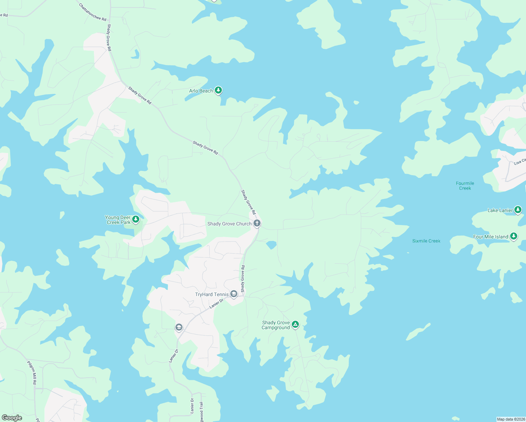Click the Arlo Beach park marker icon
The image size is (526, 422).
(x=218, y=90)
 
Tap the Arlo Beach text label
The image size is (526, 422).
(x=201, y=91)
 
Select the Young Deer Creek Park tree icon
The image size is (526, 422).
(x=136, y=219)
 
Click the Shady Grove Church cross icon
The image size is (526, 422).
(x=257, y=223)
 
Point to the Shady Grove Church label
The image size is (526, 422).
(x=229, y=224)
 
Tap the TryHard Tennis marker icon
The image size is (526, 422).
(x=234, y=294)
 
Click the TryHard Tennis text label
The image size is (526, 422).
(x=212, y=294)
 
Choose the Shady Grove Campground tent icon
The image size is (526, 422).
(x=295, y=324)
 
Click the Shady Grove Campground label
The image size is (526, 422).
(x=276, y=325)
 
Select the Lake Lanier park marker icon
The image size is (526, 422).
(x=518, y=210)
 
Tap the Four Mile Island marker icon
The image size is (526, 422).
(x=514, y=236)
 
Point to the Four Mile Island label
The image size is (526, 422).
(x=490, y=237)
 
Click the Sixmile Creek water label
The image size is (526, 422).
(x=426, y=241)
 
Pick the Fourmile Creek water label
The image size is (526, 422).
(x=465, y=186)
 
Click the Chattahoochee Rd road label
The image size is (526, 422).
(x=92, y=12)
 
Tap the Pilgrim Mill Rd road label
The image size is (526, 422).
(x=32, y=372)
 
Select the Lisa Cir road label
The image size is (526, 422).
(x=520, y=162)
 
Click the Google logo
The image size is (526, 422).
(x=12, y=417)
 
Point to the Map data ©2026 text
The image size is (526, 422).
(x=511, y=419)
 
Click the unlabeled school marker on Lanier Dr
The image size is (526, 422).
(x=179, y=327)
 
